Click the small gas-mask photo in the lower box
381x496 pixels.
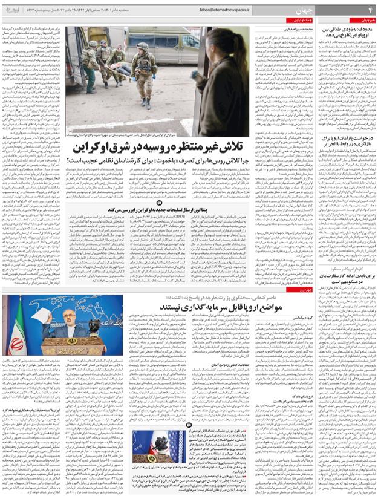[154, 451]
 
